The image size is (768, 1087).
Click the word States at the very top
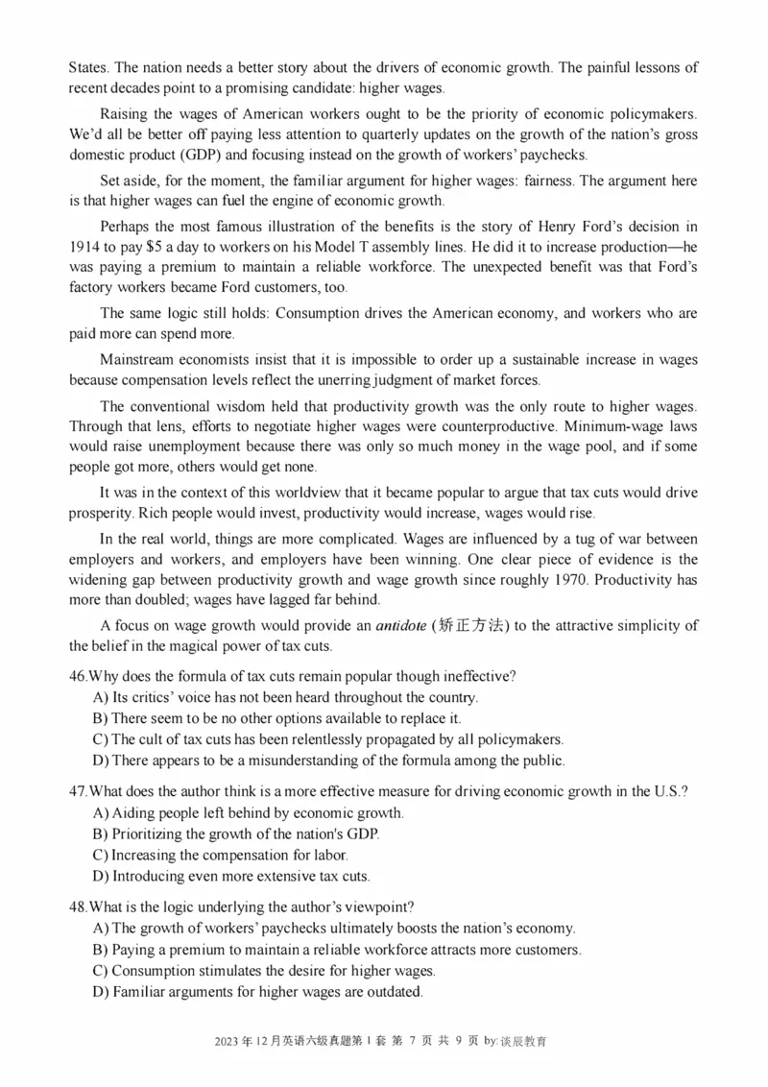[87, 68]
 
